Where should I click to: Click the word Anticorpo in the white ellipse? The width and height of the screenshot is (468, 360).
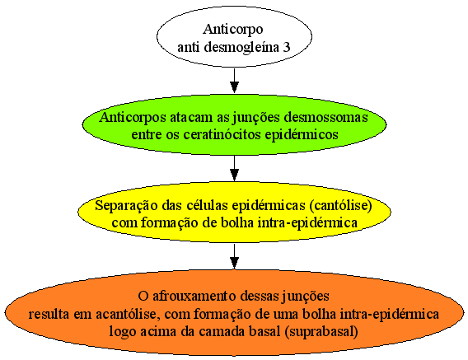pos(233,30)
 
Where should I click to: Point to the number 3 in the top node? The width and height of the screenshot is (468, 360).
pos(286,48)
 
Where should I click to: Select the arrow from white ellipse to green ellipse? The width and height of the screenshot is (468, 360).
pos(234,81)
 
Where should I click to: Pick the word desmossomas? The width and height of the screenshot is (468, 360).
pos(326,117)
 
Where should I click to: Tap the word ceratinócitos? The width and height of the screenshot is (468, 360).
pos(222,134)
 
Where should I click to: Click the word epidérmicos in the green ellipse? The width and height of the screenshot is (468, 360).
pos(302,135)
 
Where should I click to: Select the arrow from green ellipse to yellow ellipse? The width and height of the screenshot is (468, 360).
pos(234,168)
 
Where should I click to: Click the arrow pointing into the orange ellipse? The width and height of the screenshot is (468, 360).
pos(234,256)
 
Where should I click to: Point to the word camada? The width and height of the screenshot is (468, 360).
pos(222,332)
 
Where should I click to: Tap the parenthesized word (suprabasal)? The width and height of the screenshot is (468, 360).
pos(321,332)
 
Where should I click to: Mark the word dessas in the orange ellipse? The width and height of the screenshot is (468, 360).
pos(260,297)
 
